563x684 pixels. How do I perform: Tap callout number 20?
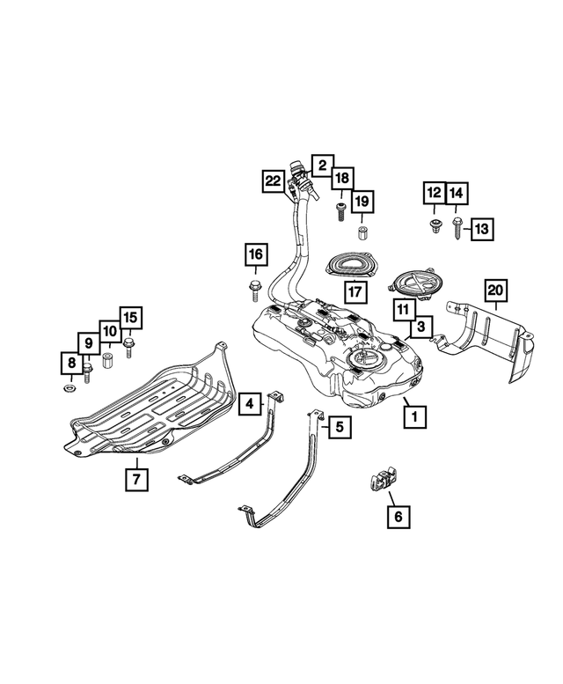[495, 290]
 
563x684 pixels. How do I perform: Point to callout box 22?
[274, 182]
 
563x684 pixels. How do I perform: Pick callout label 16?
[255, 255]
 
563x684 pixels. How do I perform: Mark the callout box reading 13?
[482, 229]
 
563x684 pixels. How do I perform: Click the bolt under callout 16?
[255, 287]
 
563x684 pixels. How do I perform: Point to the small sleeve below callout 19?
[361, 233]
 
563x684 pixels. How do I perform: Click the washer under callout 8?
[69, 388]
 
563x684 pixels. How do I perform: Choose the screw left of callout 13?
[457, 229]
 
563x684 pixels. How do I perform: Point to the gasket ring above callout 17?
[352, 263]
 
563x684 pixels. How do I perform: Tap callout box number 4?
[250, 405]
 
